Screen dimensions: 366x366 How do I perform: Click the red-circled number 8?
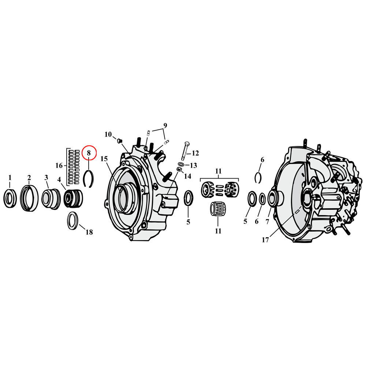click(89, 153)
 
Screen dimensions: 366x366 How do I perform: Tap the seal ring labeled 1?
click(10, 198)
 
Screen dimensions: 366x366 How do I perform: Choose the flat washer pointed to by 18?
click(72, 221)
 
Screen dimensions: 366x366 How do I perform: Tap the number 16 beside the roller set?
click(59, 165)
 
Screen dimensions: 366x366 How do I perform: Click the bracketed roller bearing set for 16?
click(74, 167)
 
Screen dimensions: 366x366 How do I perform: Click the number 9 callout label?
click(165, 126)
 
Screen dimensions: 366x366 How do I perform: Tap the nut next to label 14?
click(179, 169)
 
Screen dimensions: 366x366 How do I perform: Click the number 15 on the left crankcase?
click(104, 159)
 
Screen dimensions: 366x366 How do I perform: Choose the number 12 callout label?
click(195, 153)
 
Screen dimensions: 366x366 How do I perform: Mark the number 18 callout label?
click(89, 232)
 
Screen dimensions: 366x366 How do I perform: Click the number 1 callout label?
click(10, 178)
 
